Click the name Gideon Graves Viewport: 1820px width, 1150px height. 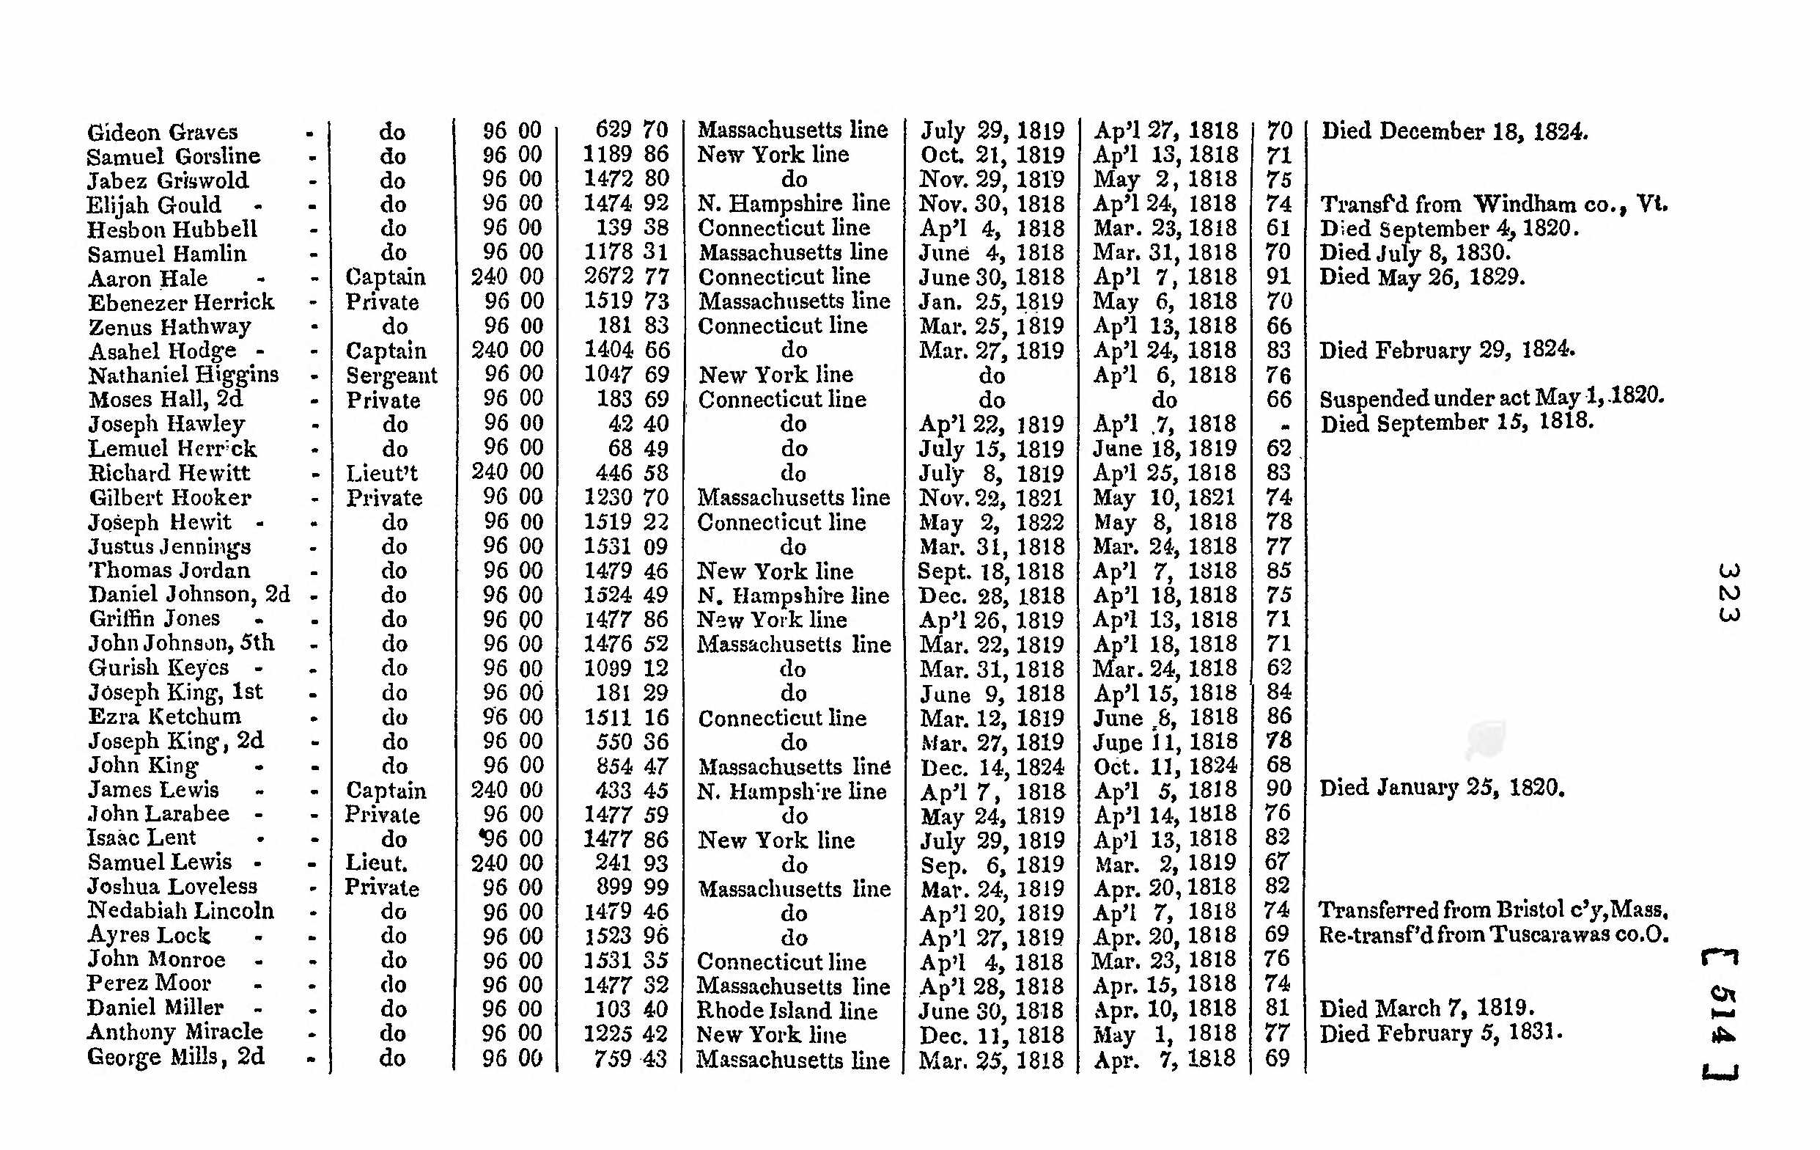tap(163, 132)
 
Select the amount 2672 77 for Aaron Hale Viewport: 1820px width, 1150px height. tap(627, 276)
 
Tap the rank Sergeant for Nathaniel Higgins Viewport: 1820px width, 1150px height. tap(391, 375)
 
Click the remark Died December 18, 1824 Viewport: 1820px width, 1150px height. tap(1454, 131)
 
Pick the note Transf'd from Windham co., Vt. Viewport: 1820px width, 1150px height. tap(1494, 204)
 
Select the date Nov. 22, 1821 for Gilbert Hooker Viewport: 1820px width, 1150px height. tap(991, 497)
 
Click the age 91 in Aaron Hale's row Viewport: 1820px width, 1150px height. tap(1278, 276)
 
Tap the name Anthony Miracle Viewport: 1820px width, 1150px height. tap(174, 1032)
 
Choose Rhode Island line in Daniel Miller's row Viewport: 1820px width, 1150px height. tap(786, 1011)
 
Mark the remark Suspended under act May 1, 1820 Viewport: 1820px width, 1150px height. tap(1492, 398)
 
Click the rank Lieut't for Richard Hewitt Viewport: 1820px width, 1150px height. tap(382, 473)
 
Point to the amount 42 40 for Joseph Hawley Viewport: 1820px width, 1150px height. tap(638, 424)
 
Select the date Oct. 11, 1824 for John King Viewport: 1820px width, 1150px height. tap(1165, 766)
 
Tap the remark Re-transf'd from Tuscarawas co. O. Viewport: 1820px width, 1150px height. tap(1494, 935)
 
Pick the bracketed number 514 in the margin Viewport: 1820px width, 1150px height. tap(1721, 1014)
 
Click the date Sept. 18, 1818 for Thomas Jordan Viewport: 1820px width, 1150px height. tap(991, 571)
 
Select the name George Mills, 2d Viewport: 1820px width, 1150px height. tap(175, 1057)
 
